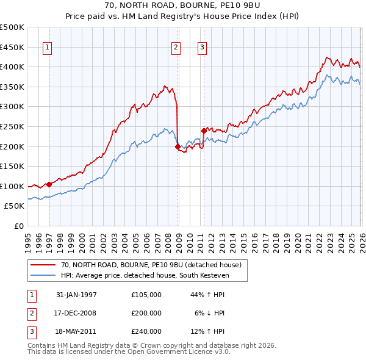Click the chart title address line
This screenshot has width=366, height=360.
click(182, 5)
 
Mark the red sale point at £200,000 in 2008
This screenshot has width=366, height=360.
click(178, 146)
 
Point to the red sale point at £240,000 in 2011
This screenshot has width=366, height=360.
click(204, 130)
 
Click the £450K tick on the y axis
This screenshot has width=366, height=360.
click(13, 47)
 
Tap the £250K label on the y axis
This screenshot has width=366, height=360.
click(13, 126)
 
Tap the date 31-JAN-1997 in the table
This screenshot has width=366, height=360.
click(76, 295)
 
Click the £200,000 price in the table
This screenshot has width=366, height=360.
click(146, 313)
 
